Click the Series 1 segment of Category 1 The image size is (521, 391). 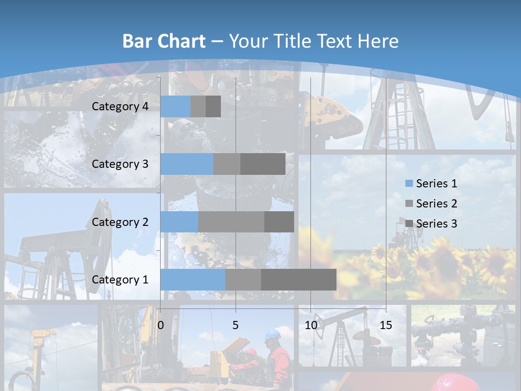pos(193,280)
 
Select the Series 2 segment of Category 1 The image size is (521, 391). pos(243,280)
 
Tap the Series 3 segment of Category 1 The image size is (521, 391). pos(298,280)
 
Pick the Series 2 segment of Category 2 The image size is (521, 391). pos(231,222)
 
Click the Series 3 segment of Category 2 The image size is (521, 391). pos(279,222)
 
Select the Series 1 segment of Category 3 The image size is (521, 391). pos(187,164)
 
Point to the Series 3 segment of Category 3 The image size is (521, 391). pos(263,164)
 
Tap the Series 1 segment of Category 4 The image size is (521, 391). pos(175,106)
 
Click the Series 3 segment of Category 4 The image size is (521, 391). pos(213,106)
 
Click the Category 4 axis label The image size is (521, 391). pos(120,106)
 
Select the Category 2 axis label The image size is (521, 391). pos(120,222)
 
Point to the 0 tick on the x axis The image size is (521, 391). pos(161,325)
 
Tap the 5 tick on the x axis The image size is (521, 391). pos(236,325)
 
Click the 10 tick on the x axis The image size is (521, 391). pos(310,325)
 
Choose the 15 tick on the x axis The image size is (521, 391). pos(386,325)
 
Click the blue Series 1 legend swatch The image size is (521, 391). pos(409,184)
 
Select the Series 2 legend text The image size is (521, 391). pos(436,204)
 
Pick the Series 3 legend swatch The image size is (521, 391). pos(409,224)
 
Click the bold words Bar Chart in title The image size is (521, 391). pos(163,41)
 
